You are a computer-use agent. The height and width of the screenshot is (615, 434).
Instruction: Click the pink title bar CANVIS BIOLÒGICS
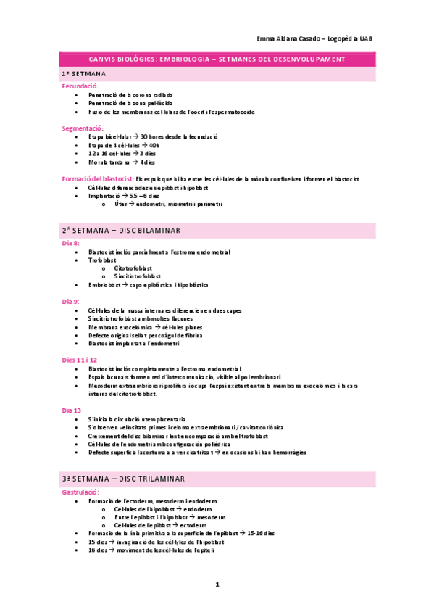217,59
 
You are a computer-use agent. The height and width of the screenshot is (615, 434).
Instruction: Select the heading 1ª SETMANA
84,75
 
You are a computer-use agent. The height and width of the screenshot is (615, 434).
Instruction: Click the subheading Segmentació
83,128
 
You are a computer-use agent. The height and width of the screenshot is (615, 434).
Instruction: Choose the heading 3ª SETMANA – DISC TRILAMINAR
124,479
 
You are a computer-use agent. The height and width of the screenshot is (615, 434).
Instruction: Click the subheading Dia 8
71,243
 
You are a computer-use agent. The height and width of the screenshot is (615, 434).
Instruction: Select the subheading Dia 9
71,300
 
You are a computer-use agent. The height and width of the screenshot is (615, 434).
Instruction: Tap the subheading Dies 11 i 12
79,360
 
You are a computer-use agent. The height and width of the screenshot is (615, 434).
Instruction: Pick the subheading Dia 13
72,410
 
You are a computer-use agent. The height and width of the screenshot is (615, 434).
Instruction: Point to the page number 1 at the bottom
216,584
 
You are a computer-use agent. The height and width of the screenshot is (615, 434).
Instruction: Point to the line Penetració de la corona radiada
130,95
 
